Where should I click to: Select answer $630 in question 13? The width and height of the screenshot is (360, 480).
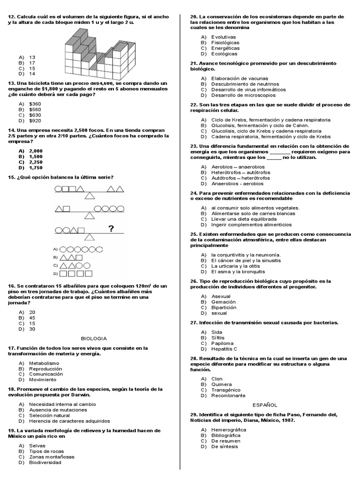35,115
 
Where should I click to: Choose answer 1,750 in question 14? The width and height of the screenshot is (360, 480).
36,167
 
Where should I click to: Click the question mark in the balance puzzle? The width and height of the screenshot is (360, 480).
111,229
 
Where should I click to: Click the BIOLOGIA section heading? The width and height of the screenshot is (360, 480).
94,338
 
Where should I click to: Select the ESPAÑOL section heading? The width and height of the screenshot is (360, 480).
265,405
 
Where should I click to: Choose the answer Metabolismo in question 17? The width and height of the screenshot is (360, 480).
44,363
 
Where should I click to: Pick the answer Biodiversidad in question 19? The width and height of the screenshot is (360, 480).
45,462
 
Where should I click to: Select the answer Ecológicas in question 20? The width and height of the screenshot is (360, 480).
225,53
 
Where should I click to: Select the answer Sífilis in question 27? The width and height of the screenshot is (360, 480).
218,337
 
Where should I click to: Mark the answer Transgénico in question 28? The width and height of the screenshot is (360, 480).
225,390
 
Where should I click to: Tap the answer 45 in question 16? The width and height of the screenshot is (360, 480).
32,317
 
